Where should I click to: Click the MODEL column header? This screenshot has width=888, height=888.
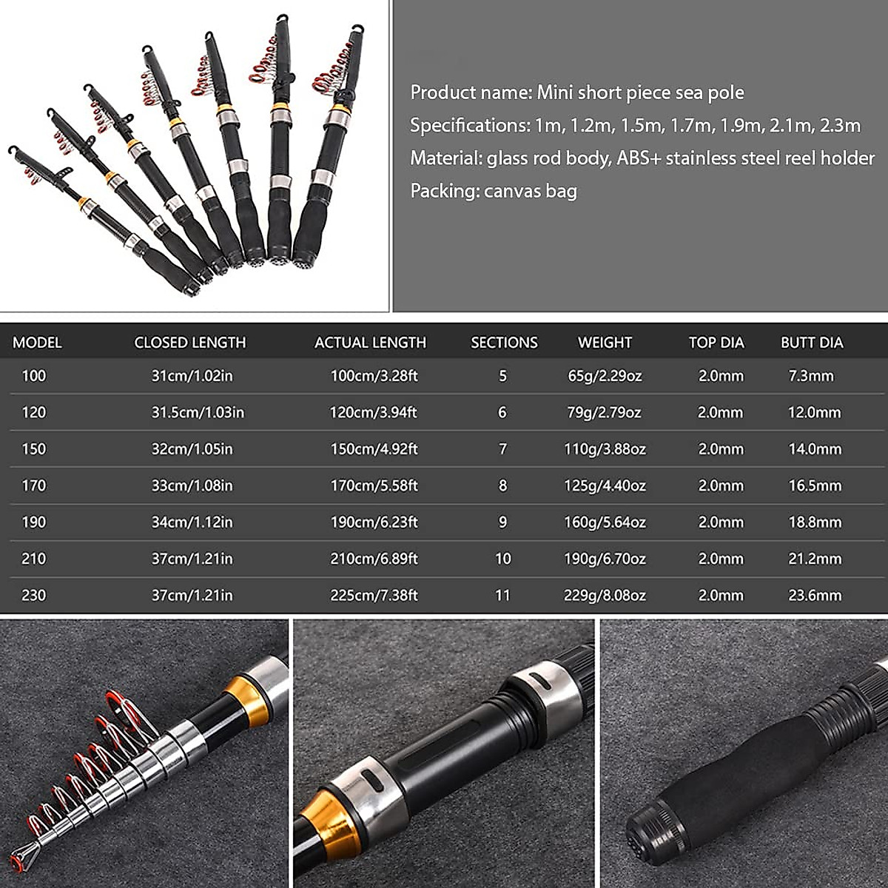(37, 343)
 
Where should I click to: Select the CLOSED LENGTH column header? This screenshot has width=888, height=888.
(189, 343)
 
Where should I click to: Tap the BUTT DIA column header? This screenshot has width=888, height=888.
(812, 343)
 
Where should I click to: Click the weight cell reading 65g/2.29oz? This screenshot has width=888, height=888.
(605, 376)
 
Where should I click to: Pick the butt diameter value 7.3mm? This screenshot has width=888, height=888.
(811, 376)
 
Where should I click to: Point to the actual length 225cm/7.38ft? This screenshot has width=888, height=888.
(374, 595)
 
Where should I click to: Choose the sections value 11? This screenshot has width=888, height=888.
(502, 595)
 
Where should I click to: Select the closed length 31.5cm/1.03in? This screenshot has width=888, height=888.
(198, 412)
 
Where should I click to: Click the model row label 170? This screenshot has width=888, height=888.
(34, 485)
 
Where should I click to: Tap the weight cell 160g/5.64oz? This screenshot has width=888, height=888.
(605, 522)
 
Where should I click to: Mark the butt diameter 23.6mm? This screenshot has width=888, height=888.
(815, 595)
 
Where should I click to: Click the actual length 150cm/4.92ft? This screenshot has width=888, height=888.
(374, 449)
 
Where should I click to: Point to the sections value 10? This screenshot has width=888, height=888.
(502, 559)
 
